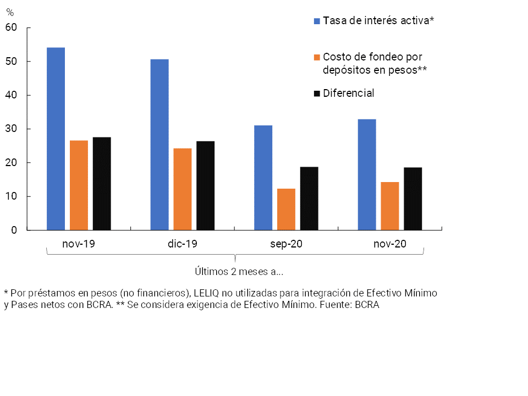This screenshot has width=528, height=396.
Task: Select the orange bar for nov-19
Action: pos(79,185)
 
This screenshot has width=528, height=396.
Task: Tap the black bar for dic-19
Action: pos(205,185)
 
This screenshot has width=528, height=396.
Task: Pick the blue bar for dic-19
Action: pos(159,145)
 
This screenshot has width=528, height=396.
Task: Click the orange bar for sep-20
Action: pos(286,209)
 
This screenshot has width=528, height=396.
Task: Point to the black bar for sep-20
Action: pos(309,198)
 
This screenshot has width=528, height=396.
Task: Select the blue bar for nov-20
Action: pos(367,174)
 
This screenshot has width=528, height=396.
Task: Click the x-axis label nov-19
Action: pos(79,244)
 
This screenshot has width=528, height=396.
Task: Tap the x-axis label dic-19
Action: pos(183,244)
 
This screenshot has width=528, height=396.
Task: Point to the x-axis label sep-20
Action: pos(286,244)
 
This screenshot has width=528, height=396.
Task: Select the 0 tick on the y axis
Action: pos(15,230)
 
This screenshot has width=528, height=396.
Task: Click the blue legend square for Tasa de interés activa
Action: pos(317,21)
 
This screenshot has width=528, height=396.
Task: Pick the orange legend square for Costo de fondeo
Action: pos(317,57)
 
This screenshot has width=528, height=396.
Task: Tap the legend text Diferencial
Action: pos(349,93)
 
